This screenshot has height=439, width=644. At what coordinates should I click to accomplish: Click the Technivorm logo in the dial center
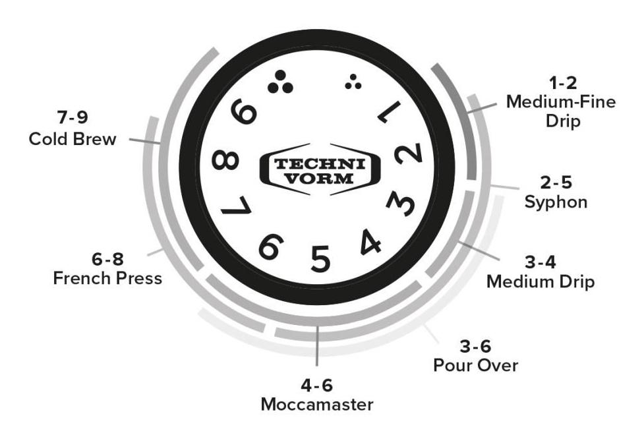[320, 169]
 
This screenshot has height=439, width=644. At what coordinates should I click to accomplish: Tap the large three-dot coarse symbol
[280, 82]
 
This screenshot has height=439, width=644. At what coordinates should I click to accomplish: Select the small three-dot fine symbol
[353, 82]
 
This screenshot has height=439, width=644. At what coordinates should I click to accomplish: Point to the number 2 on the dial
[408, 154]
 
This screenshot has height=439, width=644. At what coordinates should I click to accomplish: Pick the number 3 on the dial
[401, 203]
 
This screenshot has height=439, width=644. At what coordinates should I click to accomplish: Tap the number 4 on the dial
[370, 241]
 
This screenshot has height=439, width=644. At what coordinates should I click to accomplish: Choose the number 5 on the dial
[320, 258]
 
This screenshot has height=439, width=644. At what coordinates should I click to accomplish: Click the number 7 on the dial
[236, 206]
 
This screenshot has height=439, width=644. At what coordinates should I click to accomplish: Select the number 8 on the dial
[225, 160]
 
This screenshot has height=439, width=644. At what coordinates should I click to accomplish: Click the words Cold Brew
[73, 139]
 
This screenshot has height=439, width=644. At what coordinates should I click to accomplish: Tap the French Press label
[107, 278]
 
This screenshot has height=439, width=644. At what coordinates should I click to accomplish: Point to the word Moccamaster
[317, 405]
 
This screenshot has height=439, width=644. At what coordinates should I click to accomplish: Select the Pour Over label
[476, 365]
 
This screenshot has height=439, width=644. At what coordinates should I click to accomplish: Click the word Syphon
[556, 202]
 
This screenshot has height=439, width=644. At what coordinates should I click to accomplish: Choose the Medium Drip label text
[541, 281]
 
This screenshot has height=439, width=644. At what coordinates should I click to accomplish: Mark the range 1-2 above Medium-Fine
[563, 83]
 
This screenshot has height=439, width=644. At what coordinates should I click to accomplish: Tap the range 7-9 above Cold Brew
[73, 117]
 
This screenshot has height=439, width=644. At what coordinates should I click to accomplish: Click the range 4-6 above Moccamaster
[316, 385]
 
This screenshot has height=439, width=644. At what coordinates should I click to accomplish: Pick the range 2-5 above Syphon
[556, 183]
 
